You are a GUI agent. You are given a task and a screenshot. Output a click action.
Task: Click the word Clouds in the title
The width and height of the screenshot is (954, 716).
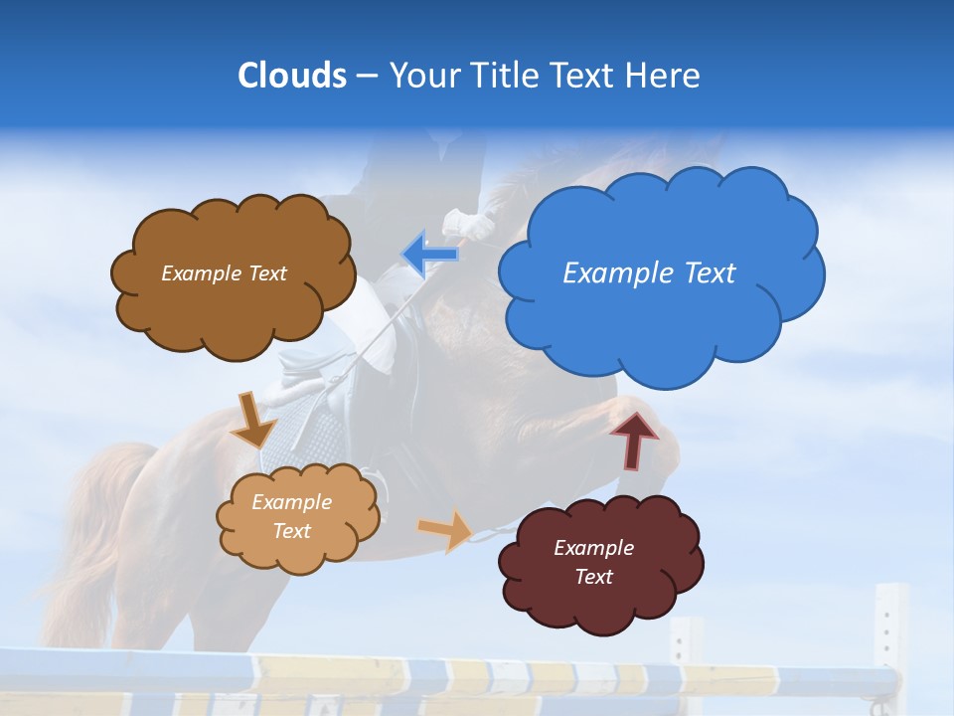[292, 76]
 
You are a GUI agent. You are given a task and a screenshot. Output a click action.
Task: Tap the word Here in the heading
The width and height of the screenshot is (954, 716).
[664, 76]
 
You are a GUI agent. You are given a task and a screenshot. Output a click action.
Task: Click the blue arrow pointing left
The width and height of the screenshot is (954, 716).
[430, 254]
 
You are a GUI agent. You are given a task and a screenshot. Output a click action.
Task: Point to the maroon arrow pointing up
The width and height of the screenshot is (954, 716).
[634, 440]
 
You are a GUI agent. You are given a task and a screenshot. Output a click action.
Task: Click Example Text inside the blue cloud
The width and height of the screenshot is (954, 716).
[649, 273]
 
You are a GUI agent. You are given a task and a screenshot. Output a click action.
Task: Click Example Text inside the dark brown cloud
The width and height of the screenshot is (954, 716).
[224, 273]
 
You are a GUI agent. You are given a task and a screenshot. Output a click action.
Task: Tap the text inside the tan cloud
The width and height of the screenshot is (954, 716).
[292, 517]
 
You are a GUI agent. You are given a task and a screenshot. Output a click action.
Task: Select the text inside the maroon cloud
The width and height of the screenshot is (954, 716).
[593, 562]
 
